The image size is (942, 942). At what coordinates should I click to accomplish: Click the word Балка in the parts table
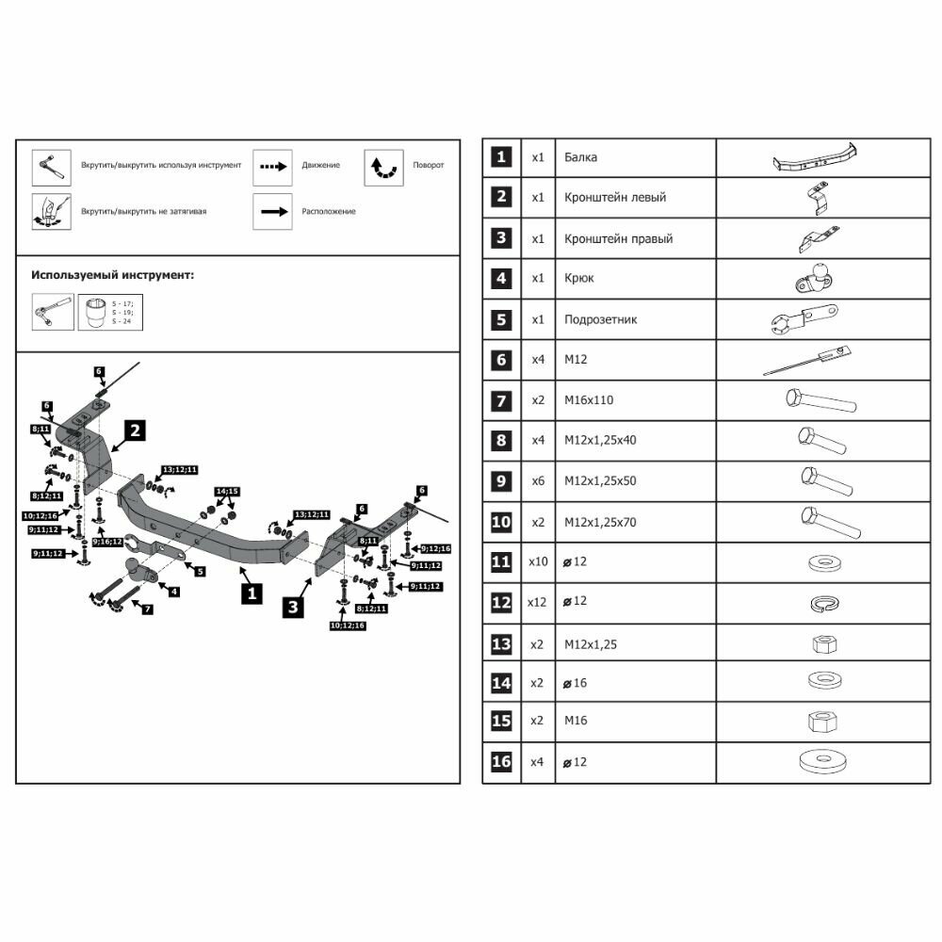coord(580,157)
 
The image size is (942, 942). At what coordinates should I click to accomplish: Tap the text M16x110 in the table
coord(589,400)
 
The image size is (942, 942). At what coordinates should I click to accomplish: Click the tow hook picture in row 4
coord(816,278)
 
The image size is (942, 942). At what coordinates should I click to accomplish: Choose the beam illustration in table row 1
coord(815,158)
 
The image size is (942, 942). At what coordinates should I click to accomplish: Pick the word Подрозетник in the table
coord(600,319)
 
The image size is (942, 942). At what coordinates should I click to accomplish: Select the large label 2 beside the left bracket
coord(136,431)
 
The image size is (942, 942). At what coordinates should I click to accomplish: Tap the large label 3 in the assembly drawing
coord(294,608)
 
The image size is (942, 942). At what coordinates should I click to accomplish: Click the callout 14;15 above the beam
coord(227,492)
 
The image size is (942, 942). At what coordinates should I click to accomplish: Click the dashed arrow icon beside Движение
coord(272,167)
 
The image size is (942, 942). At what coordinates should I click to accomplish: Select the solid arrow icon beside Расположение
coord(272,212)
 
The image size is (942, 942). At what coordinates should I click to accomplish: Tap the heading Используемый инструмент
coord(113,276)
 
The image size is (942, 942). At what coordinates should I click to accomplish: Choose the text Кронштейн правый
coord(618,238)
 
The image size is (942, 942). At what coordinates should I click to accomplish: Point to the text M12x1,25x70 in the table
coord(600,522)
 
